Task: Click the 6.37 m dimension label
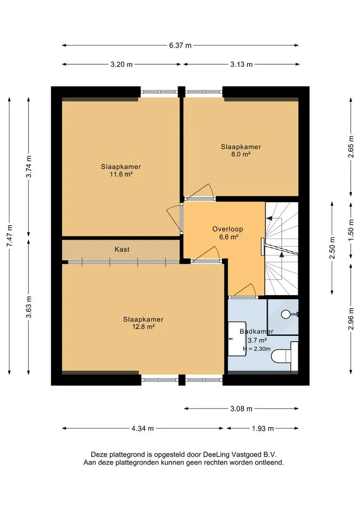180,45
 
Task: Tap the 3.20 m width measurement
122,64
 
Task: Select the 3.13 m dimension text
242,64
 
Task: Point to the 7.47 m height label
9,235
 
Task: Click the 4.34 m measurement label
142,428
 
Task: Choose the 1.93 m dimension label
263,428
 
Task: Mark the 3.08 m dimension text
241,409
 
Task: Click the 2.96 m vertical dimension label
351,319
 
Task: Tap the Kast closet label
122,249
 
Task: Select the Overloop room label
228,229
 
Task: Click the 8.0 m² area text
240,154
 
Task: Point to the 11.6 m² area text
121,174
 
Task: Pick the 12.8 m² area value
143,327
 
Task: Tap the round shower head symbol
286,314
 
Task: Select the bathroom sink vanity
237,338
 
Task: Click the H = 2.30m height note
257,349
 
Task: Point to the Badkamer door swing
247,289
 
